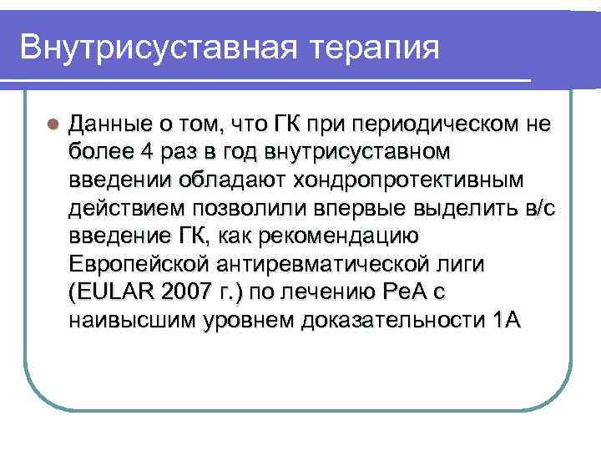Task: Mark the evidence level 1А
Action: pyautogui.click(x=502, y=321)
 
